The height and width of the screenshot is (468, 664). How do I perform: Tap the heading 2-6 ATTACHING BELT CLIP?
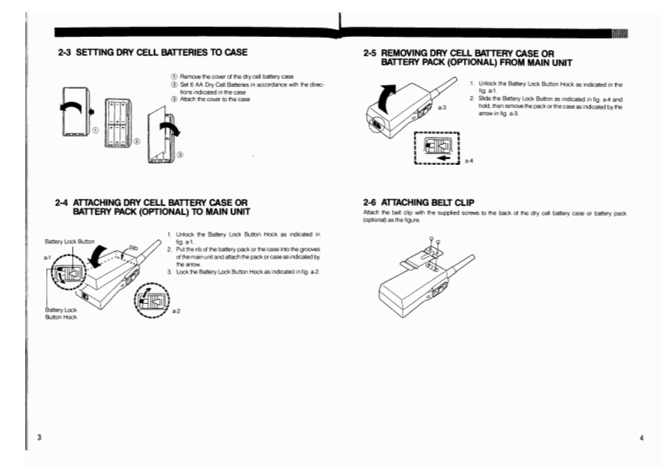426,202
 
